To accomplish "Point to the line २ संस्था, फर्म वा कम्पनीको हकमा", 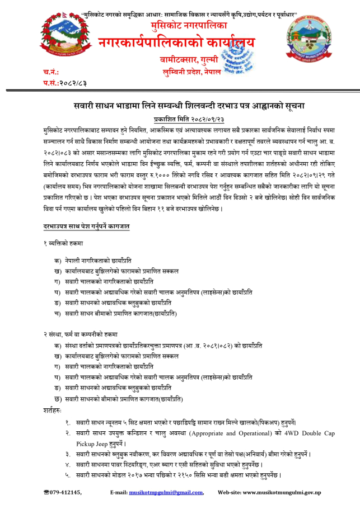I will coord(80,334).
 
